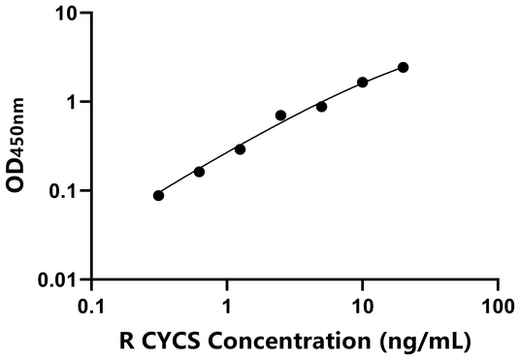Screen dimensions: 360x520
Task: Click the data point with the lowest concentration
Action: [158, 195]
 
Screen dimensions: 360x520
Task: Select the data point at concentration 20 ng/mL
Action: [403, 67]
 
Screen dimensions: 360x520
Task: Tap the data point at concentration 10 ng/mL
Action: [363, 82]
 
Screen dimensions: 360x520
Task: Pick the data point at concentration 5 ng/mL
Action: [321, 106]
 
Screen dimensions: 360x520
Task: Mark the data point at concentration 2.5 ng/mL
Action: [280, 115]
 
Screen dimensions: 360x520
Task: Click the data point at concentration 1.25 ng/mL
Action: [240, 148]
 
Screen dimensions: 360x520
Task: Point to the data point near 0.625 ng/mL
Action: [199, 172]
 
